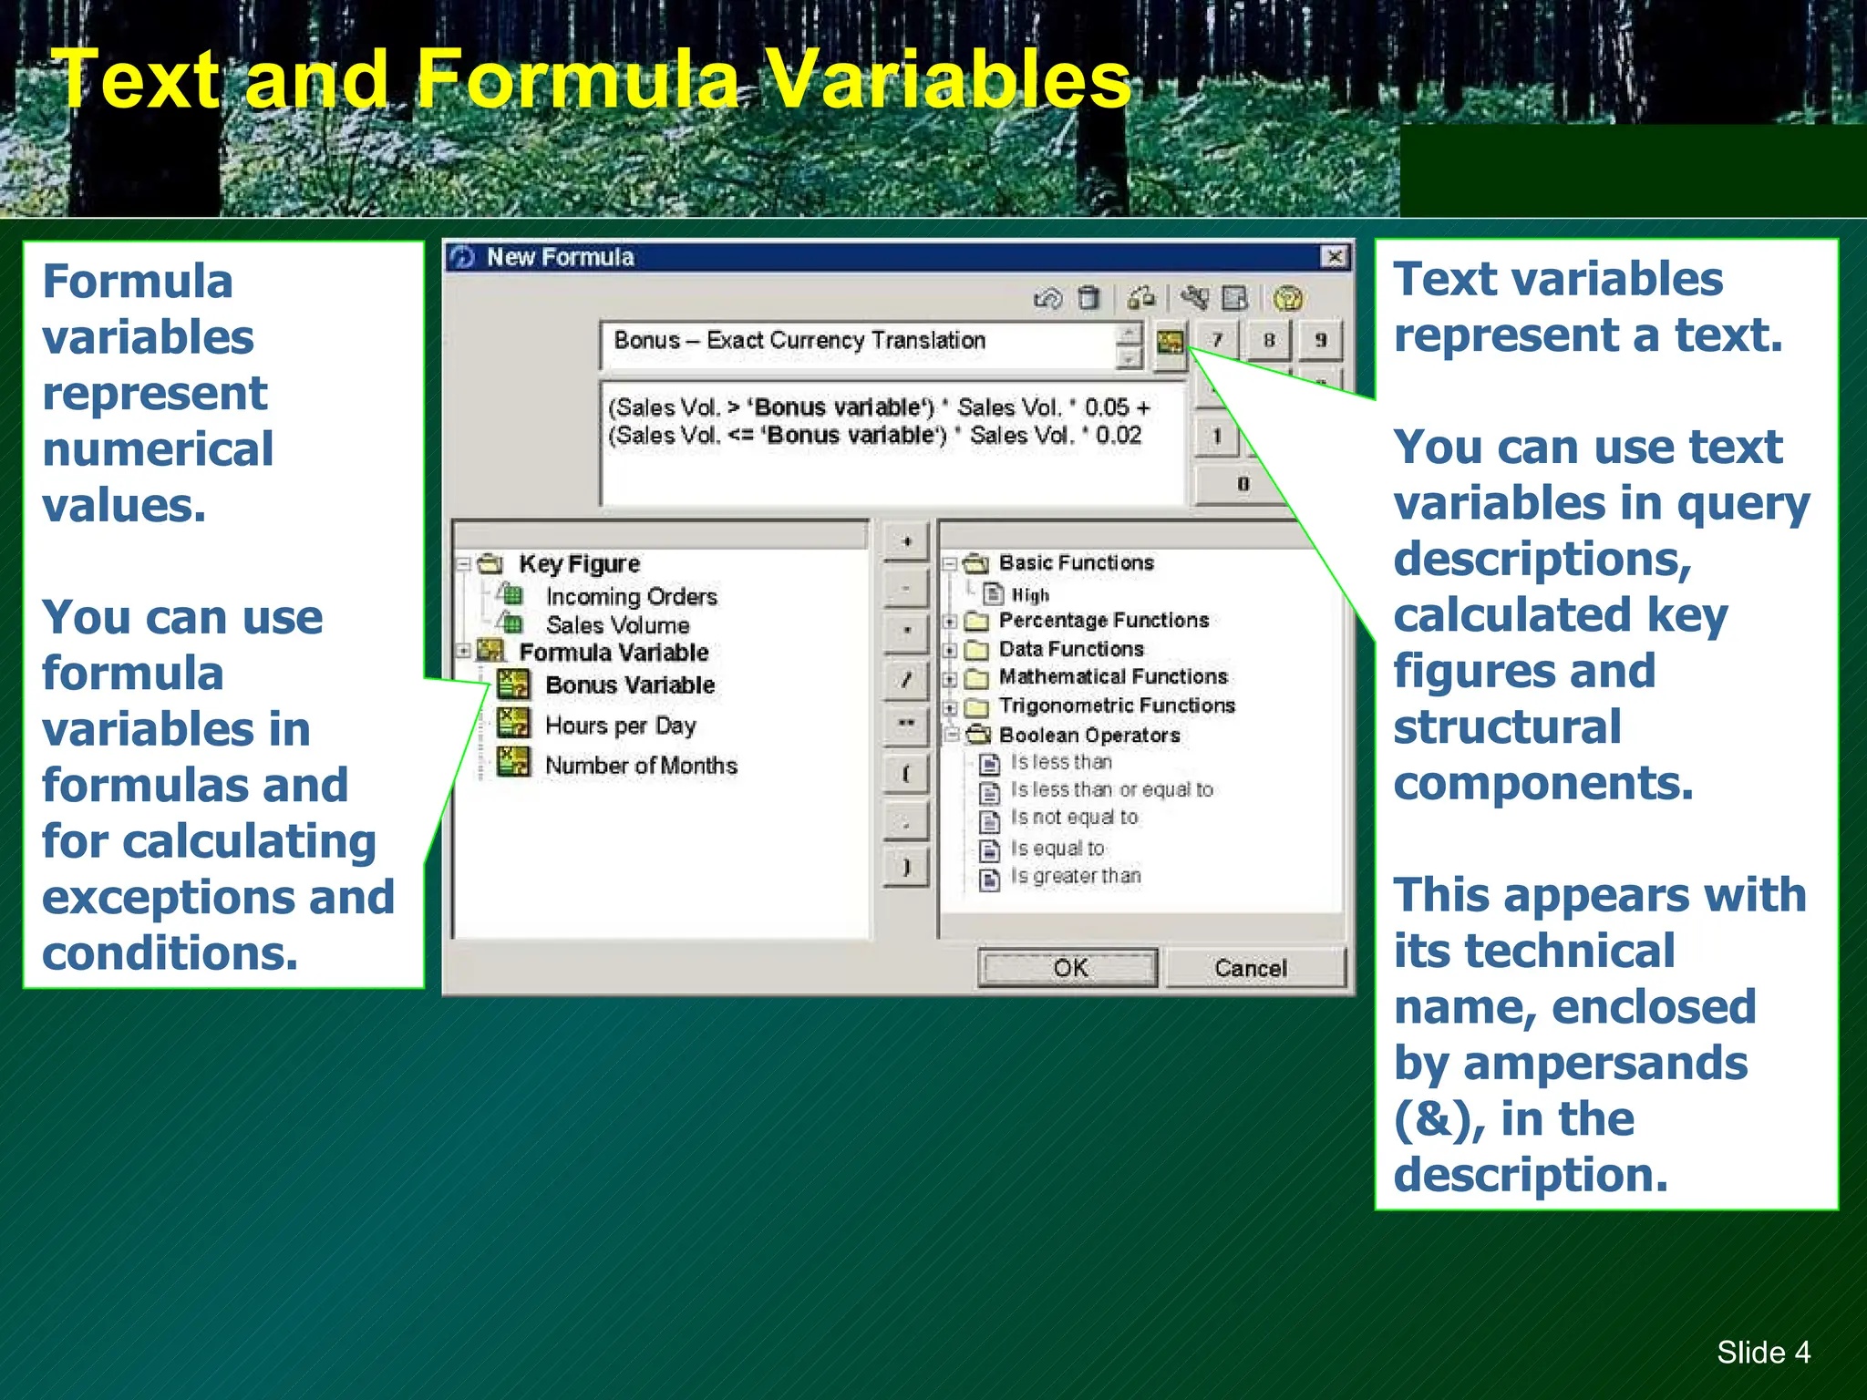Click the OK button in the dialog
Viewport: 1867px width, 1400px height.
pyautogui.click(x=1068, y=967)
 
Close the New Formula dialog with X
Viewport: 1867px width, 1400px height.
pyautogui.click(x=1334, y=257)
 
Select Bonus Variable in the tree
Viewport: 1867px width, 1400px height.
pyautogui.click(x=629, y=685)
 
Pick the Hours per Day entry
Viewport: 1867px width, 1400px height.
pyautogui.click(x=620, y=726)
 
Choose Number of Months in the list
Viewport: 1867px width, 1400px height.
pyautogui.click(x=641, y=766)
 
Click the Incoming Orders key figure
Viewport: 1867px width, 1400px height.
pyautogui.click(x=631, y=596)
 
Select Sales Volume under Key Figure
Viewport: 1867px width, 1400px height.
pyautogui.click(x=617, y=625)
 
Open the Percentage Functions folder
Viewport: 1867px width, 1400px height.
pyautogui.click(x=1103, y=621)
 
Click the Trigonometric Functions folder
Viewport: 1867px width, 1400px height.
pyautogui.click(x=1116, y=705)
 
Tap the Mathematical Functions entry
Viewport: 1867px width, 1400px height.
pyautogui.click(x=1112, y=676)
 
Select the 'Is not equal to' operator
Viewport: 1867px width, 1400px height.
pyautogui.click(x=1074, y=818)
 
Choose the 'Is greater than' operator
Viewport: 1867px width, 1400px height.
pyautogui.click(x=1075, y=876)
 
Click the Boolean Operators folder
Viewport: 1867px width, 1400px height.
pyautogui.click(x=1088, y=735)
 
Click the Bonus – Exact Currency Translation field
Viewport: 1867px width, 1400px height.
pyautogui.click(x=857, y=342)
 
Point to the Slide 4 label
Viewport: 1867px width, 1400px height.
pyautogui.click(x=1763, y=1352)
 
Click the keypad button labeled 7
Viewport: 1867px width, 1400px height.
pyautogui.click(x=1217, y=341)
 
